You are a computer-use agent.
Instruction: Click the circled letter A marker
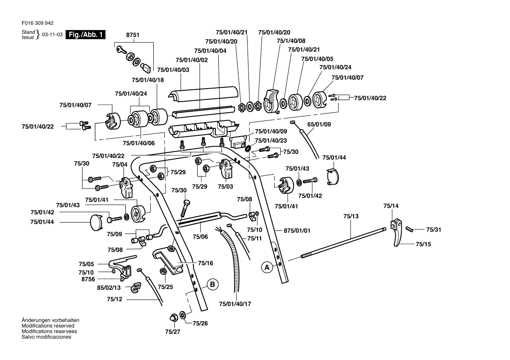pos(266,267)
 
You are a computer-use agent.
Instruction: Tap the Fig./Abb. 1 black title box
pos(86,35)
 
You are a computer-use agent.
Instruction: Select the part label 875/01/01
pos(297,230)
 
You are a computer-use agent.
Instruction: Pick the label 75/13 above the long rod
pos(351,216)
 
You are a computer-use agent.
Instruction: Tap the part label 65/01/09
pos(319,124)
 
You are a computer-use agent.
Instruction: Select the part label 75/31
pos(434,230)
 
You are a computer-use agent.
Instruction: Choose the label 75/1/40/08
pos(291,41)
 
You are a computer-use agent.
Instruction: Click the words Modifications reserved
pos(48,326)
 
